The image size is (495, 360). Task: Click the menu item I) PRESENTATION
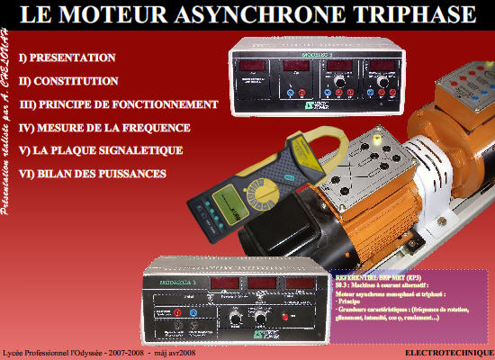[73, 57]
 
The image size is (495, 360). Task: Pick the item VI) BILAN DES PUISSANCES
[98, 172]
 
